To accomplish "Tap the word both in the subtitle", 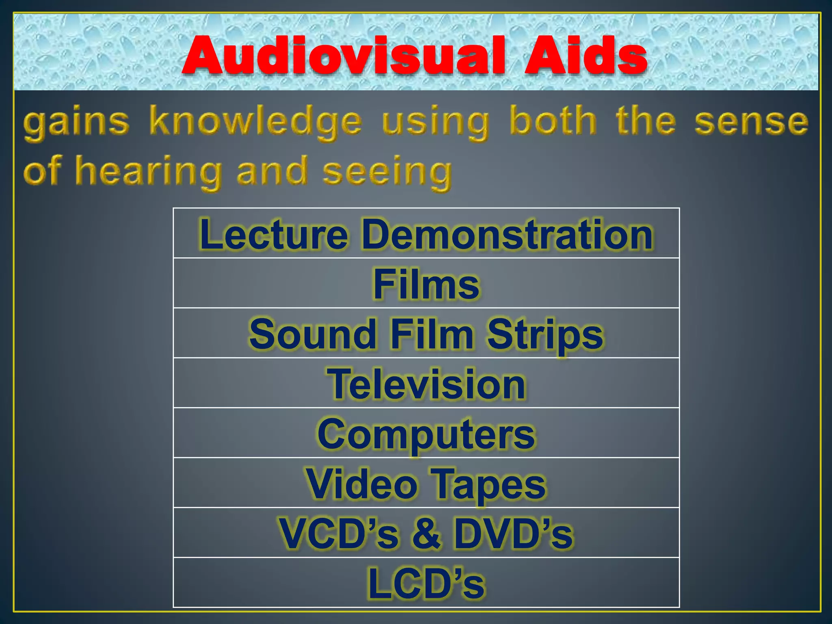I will coord(553,121).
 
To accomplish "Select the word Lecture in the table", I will coord(273,234).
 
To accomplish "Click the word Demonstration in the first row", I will coord(507,234).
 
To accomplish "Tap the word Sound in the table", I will coord(313,334).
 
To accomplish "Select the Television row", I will coord(426,384).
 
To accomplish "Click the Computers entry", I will coord(426,434).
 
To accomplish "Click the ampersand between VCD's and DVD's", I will coord(426,533).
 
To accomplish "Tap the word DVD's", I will coord(513,533).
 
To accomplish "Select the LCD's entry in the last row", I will coord(426,583).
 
